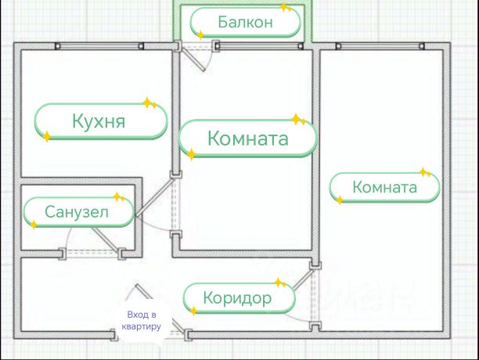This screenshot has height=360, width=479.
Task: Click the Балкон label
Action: [x=245, y=22]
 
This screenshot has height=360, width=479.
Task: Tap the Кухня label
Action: [x=101, y=122]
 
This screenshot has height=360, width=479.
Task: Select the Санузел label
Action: [x=77, y=211]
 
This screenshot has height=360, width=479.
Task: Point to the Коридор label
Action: [x=238, y=297]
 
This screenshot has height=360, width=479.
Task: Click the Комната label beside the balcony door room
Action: [x=247, y=139]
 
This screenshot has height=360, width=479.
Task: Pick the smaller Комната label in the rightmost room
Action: [x=384, y=188]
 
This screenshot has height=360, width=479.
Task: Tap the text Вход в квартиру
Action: [x=142, y=321]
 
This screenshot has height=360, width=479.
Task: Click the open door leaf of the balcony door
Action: [x=196, y=59]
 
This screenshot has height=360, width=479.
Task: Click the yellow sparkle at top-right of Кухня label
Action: [x=146, y=103]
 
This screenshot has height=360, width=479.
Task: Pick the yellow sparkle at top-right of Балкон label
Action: [x=286, y=8]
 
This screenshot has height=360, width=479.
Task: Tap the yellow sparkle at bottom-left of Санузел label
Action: [x=35, y=225]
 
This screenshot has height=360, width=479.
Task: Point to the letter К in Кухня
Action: [x=77, y=122]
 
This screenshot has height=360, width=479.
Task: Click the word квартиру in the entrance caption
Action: [x=142, y=326]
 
